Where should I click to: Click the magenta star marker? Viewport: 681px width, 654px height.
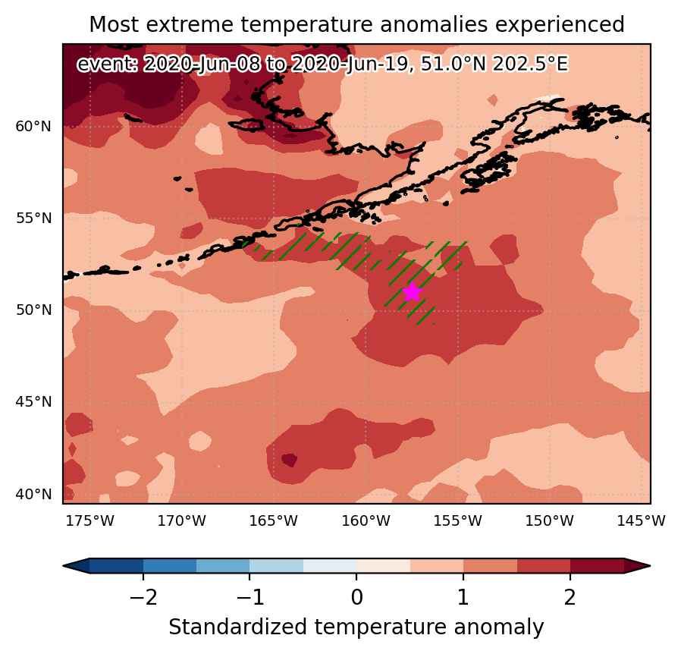(x=412, y=292)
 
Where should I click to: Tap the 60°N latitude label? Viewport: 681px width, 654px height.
(x=33, y=127)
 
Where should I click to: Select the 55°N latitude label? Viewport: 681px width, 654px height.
(x=33, y=219)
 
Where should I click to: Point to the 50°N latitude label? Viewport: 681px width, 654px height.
(x=33, y=310)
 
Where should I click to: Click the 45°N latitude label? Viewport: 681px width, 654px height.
(x=33, y=402)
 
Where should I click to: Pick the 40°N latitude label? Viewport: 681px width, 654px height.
(x=33, y=494)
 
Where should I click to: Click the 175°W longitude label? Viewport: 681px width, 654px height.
(x=90, y=520)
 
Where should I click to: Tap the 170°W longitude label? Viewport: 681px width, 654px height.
(x=181, y=520)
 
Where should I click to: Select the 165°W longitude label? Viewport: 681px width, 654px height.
(x=274, y=520)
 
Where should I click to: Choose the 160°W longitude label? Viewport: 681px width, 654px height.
(x=366, y=520)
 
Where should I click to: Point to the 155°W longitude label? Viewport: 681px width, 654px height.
(x=458, y=520)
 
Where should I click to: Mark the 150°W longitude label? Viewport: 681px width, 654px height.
(x=549, y=520)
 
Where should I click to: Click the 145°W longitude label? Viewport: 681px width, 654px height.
(x=642, y=520)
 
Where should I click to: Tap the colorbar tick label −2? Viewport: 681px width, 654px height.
(x=143, y=598)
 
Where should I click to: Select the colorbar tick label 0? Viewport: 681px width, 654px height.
(x=356, y=598)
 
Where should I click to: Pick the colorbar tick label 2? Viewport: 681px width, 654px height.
(x=570, y=598)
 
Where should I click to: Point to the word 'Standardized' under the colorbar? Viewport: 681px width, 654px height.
(x=237, y=627)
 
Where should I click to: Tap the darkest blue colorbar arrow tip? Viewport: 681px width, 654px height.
(x=64, y=566)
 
